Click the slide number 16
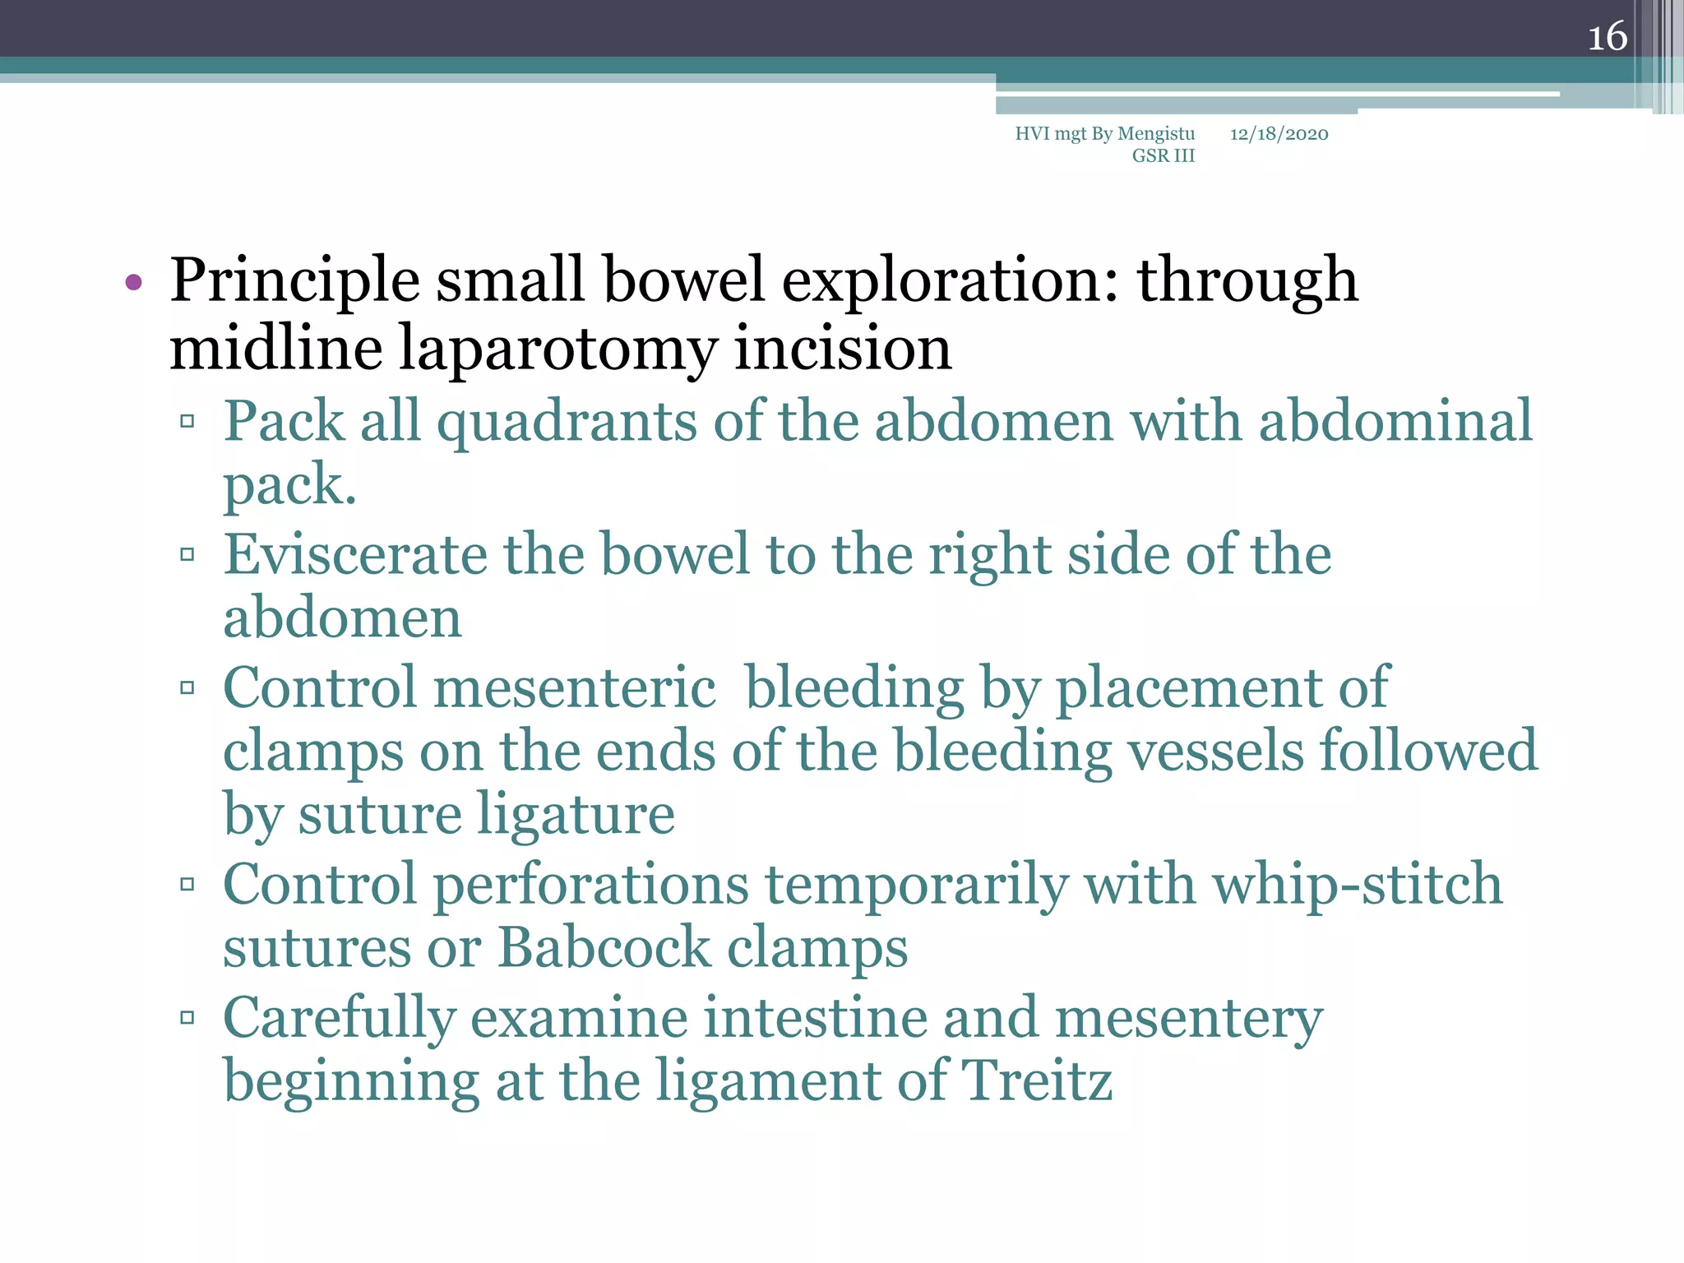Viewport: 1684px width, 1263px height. pos(1607,37)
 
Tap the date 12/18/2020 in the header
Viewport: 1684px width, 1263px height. pos(1279,134)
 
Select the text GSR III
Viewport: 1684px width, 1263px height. pos(1163,156)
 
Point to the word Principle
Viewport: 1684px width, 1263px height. pos(294,281)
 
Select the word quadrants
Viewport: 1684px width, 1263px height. pos(566,422)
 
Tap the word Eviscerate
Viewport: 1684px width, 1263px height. pos(355,554)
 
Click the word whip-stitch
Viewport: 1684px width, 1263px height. pos(1358,885)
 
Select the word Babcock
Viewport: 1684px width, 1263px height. pos(604,948)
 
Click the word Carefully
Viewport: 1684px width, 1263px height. pos(339,1018)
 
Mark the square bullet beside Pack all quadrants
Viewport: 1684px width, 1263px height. pos(187,422)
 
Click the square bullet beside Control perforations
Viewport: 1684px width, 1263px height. pos(187,885)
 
